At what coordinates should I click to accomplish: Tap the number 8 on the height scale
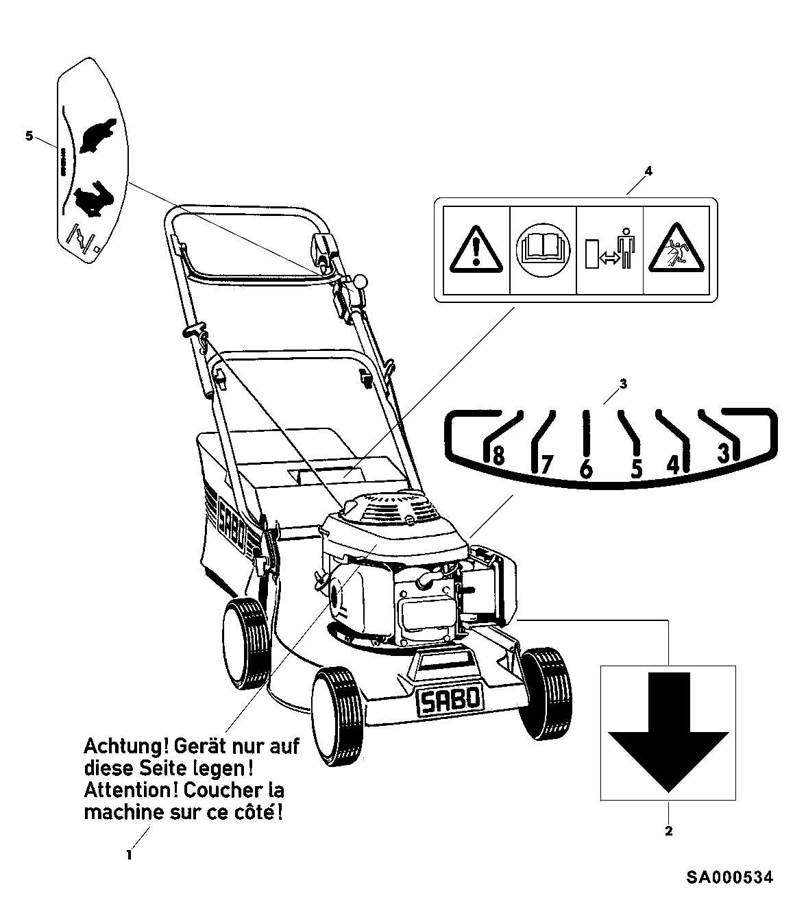[x=498, y=455]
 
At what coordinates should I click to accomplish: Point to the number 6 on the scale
[x=585, y=470]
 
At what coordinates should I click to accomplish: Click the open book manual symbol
[x=543, y=249]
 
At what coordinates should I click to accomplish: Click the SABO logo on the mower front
[x=450, y=701]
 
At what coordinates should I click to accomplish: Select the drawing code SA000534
[x=731, y=877]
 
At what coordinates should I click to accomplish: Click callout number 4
[x=648, y=171]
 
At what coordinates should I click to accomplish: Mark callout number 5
[x=29, y=136]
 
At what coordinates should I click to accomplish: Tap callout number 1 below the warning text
[x=128, y=855]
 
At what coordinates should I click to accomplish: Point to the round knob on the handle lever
[x=360, y=282]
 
